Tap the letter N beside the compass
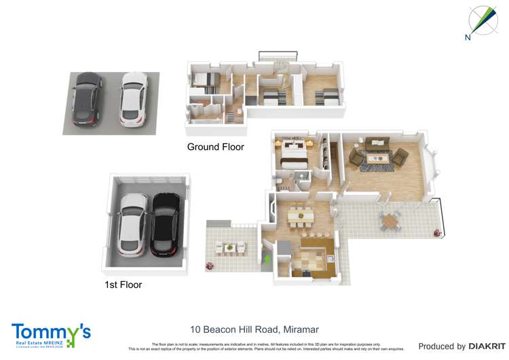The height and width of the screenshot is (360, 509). [x=468, y=37]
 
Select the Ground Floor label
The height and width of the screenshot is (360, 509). [x=215, y=147]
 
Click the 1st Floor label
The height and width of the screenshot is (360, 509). [x=123, y=285]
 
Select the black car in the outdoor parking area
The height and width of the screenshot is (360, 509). [x=88, y=100]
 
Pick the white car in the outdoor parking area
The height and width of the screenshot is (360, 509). [x=134, y=100]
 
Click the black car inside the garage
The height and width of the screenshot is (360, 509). [x=165, y=225]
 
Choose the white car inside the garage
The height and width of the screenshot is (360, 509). [x=133, y=224]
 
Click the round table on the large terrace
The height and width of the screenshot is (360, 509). [x=390, y=221]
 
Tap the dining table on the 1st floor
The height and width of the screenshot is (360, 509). [x=299, y=217]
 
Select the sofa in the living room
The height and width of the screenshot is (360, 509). [x=375, y=144]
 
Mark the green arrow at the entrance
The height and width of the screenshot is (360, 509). [x=266, y=259]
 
